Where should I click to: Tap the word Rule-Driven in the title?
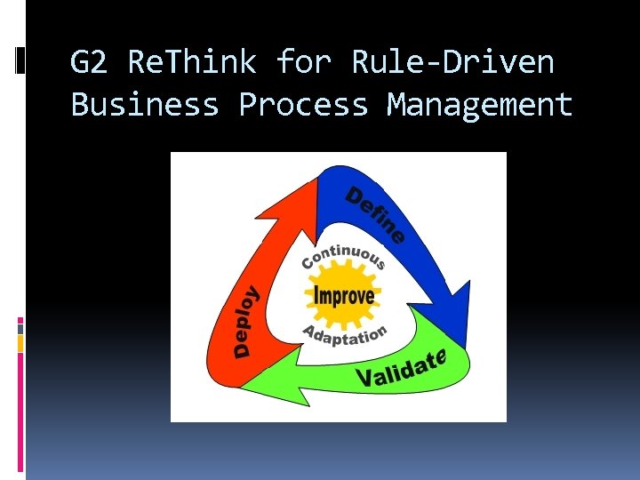point(452,63)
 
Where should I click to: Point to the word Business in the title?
point(144,105)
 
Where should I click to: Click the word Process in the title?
point(303,105)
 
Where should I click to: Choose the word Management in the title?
point(480,105)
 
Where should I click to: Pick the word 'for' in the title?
point(303,63)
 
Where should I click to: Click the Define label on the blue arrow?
point(375,213)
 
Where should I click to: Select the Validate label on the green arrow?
point(399,368)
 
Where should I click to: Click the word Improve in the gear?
point(342,294)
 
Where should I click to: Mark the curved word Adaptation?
point(345,337)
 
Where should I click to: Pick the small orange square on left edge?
point(20,343)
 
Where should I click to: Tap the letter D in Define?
point(355,196)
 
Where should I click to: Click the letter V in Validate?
point(364,379)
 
